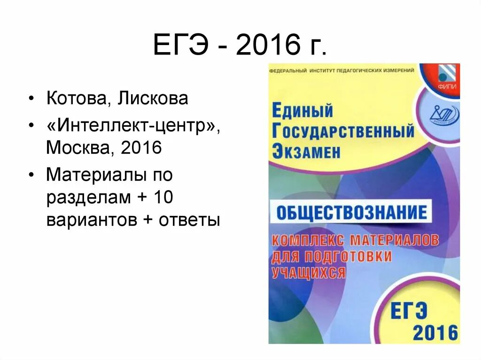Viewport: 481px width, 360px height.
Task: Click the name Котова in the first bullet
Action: tap(78, 99)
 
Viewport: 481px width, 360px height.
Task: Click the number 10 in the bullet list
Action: tap(163, 198)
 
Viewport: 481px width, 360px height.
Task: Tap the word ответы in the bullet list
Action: tap(189, 220)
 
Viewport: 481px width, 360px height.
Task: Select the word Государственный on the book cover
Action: tap(343, 131)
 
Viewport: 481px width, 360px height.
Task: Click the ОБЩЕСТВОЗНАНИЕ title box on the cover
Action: tap(351, 213)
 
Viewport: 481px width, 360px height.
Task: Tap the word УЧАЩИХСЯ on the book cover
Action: tap(308, 272)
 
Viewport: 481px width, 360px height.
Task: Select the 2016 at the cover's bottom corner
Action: tap(435, 332)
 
